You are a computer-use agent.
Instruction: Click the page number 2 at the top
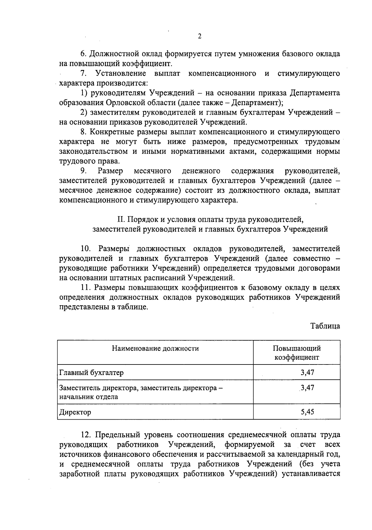click(x=200, y=36)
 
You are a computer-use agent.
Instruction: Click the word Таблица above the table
click(x=325, y=326)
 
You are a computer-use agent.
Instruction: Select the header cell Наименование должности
click(x=155, y=348)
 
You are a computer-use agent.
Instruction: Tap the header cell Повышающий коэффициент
click(x=297, y=353)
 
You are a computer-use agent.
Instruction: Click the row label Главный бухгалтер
click(x=91, y=373)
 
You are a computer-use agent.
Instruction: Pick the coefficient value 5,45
click(x=307, y=412)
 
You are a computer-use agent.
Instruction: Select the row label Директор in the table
click(x=75, y=412)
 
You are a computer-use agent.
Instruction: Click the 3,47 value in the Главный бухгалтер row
click(x=307, y=372)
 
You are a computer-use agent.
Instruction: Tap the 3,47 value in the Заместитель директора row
click(x=307, y=388)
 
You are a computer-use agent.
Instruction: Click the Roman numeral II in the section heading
click(x=120, y=220)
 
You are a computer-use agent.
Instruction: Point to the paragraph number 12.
click(x=85, y=435)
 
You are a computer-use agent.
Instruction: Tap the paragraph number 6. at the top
click(x=83, y=54)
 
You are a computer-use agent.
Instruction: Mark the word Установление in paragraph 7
click(x=121, y=73)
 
